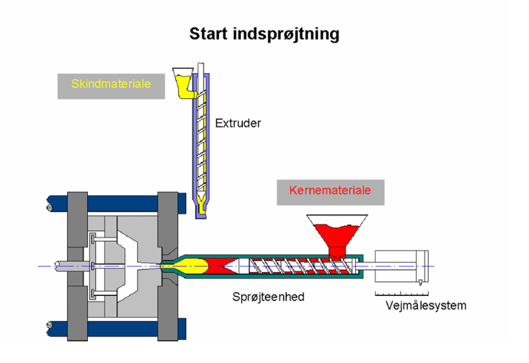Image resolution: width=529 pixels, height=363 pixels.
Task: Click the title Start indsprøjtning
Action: pos(264,34)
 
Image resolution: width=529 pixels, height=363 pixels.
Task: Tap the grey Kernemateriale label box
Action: pos(330,191)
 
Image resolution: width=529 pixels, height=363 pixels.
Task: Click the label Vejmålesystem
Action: pos(426,305)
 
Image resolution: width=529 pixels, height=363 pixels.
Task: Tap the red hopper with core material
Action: pos(336,233)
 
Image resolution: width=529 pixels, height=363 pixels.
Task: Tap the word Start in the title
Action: pos(206,34)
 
